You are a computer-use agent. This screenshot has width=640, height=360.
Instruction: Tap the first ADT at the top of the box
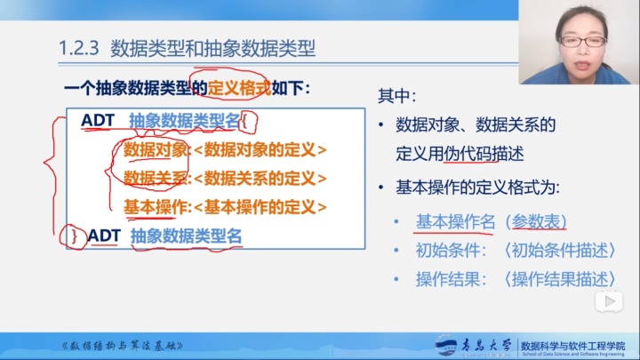point(98,120)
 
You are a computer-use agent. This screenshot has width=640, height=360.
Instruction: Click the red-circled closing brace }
point(76,236)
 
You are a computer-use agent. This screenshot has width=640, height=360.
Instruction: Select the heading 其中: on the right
point(397,95)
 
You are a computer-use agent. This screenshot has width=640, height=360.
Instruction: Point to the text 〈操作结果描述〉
point(560,279)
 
